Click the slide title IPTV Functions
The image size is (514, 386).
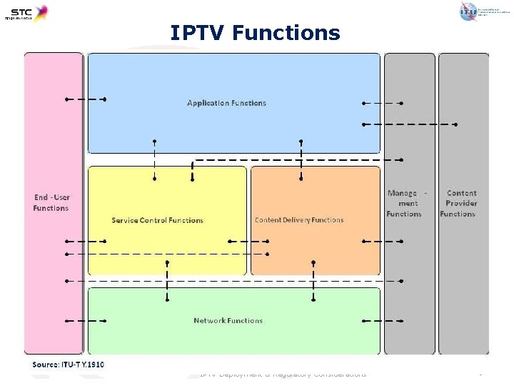tap(255, 33)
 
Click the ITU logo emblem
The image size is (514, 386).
tap(468, 11)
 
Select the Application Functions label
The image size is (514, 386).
tap(226, 103)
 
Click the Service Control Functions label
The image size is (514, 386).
tap(157, 220)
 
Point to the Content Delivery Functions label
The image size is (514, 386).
tap(299, 220)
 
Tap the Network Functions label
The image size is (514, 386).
tap(228, 320)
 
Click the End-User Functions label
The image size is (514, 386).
tap(51, 202)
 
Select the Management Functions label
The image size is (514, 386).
tap(405, 203)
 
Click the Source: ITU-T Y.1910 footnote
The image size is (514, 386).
tap(69, 365)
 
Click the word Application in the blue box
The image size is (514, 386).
tap(206, 103)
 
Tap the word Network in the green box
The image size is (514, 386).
tap(208, 320)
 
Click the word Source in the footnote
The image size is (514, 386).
tap(45, 365)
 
